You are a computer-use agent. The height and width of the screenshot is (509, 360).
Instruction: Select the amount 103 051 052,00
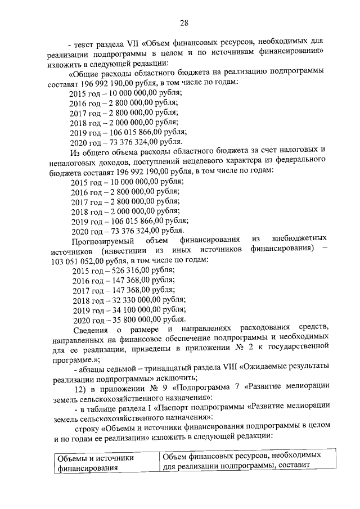click(76, 260)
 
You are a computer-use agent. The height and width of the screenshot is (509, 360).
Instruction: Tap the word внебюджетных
click(303, 241)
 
